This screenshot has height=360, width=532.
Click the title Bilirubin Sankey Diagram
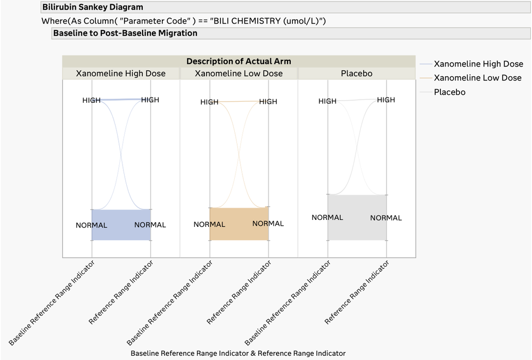click(x=93, y=7)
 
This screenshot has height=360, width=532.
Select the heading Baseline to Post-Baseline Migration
click(x=125, y=33)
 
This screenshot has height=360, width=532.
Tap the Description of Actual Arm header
click(x=239, y=61)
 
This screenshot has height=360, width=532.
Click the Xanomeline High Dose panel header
click(x=121, y=73)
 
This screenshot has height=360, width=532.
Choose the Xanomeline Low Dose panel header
click(x=239, y=73)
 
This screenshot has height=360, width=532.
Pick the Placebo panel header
click(x=356, y=73)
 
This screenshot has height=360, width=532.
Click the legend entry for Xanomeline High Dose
click(x=478, y=64)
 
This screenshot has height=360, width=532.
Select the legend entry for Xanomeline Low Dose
click(x=478, y=78)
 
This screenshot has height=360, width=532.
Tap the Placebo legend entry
click(x=449, y=92)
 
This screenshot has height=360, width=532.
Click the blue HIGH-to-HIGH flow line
click(x=121, y=100)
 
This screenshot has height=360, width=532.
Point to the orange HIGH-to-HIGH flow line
click(x=239, y=102)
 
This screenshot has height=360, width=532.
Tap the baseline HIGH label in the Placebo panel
click(x=328, y=101)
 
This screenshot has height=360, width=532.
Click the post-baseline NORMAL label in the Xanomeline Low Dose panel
click(x=268, y=224)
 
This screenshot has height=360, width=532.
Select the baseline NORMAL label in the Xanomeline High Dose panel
click(x=92, y=225)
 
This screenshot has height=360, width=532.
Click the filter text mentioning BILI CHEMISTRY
click(x=184, y=21)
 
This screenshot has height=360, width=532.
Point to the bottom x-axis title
click(x=238, y=353)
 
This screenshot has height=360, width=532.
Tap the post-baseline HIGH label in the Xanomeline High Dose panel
click(x=150, y=100)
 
